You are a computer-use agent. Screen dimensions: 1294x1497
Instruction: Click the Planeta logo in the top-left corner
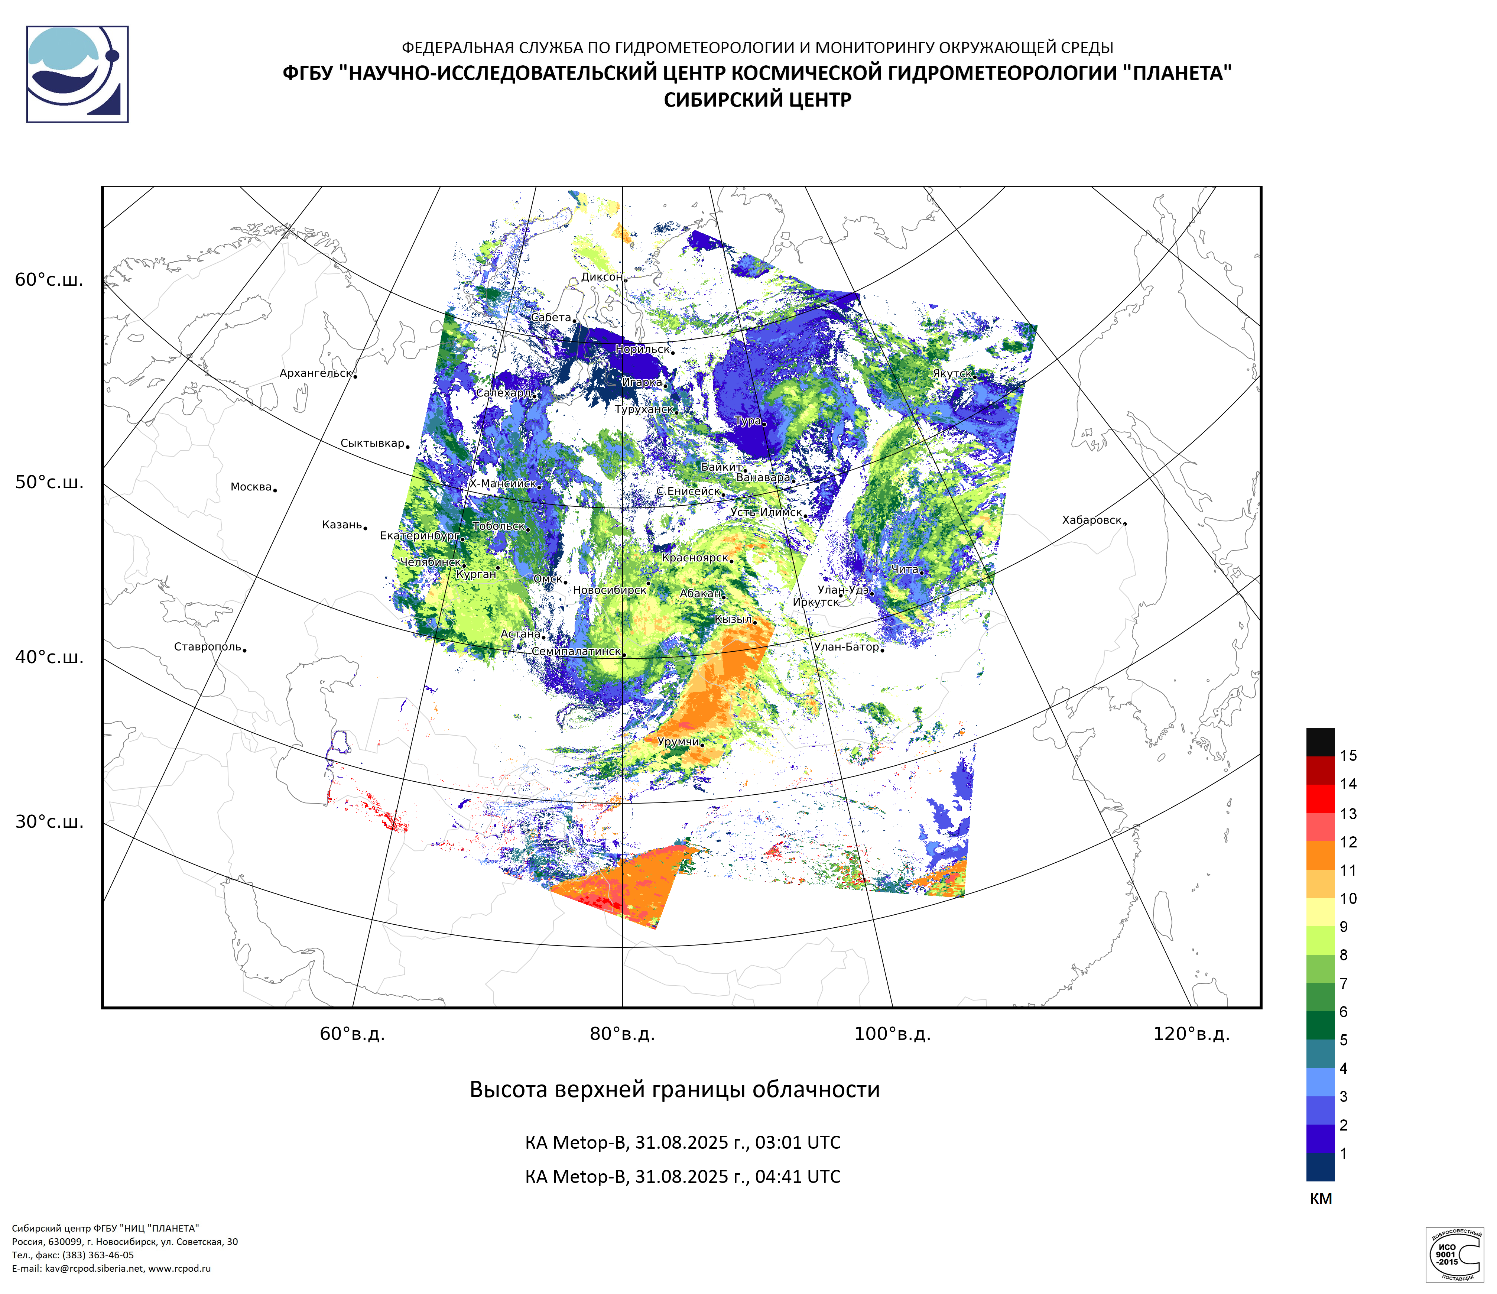click(x=77, y=74)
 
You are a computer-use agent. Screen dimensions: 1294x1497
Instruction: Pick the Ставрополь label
click(x=207, y=647)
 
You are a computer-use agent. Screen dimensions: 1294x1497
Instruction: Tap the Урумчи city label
click(x=678, y=742)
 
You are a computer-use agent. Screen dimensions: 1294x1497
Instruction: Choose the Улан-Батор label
click(x=846, y=647)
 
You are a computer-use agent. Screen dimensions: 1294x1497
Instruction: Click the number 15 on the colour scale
click(x=1348, y=756)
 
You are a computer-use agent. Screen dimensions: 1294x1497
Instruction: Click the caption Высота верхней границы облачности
click(x=675, y=1090)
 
